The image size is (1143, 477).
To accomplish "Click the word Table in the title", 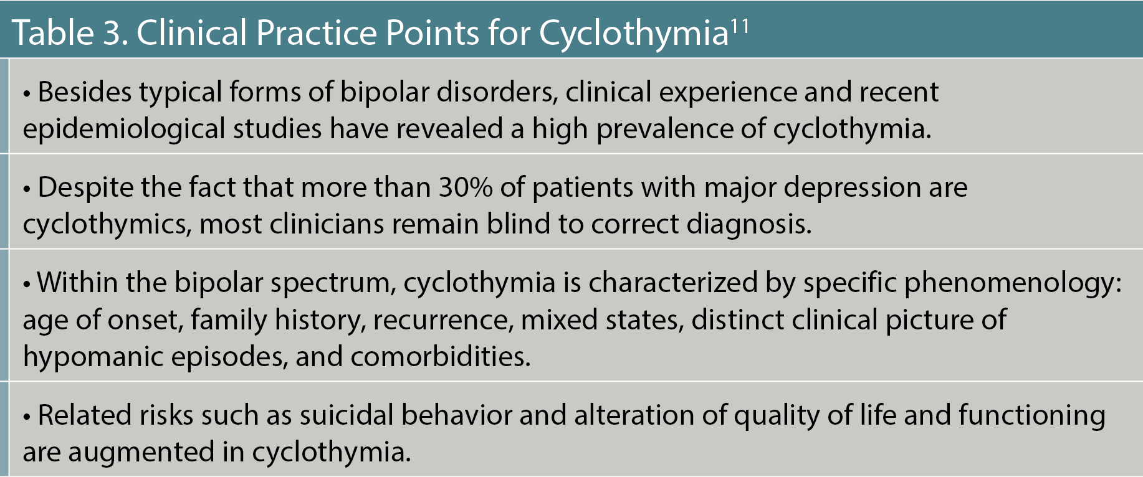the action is [x=53, y=32].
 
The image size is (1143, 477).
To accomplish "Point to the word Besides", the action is [x=85, y=92].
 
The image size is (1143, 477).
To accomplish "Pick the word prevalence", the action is [x=664, y=130].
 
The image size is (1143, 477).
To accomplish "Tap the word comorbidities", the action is [x=441, y=357].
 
